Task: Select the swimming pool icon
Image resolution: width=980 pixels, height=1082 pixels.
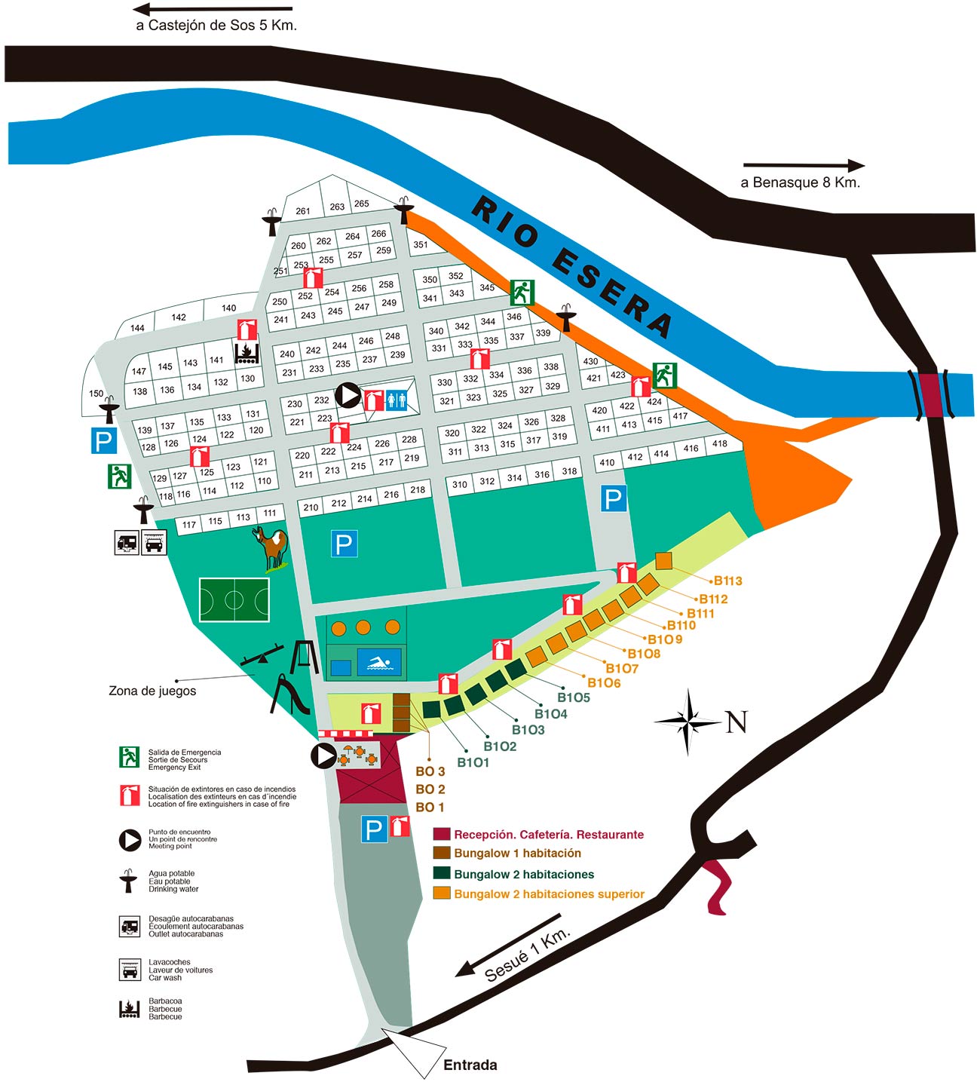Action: (379, 663)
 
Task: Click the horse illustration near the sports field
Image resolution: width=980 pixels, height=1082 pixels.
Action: (272, 548)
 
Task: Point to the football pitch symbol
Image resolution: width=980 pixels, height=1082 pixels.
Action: (234, 600)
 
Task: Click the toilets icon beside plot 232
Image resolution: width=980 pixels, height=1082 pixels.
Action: (397, 400)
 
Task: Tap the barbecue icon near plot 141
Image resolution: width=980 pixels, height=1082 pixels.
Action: (247, 353)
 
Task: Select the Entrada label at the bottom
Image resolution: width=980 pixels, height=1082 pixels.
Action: (470, 1065)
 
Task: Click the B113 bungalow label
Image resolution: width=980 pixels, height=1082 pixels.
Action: (727, 581)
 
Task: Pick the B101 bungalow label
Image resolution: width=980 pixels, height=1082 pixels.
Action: (473, 762)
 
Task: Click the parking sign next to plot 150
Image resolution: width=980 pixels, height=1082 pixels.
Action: (103, 440)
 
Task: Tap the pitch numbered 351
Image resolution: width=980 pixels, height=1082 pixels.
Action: (421, 244)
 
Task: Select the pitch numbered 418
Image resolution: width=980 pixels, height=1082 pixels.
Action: (720, 443)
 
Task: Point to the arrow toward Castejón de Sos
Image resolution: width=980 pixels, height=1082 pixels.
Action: (212, 10)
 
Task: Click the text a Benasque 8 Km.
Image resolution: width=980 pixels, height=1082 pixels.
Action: (800, 182)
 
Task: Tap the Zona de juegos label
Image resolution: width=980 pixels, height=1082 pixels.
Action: (152, 691)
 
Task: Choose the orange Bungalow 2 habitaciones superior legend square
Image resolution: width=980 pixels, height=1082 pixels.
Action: (442, 893)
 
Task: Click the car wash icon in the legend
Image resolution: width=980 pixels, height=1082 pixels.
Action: (130, 970)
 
